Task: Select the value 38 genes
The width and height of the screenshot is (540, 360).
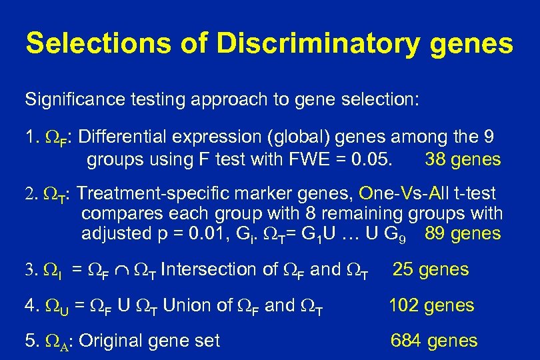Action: pos(462,160)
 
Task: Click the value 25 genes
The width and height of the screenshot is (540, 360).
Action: pos(430,269)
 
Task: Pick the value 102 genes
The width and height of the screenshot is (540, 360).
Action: pos(431,305)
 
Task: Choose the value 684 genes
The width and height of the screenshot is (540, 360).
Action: pos(434,341)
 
